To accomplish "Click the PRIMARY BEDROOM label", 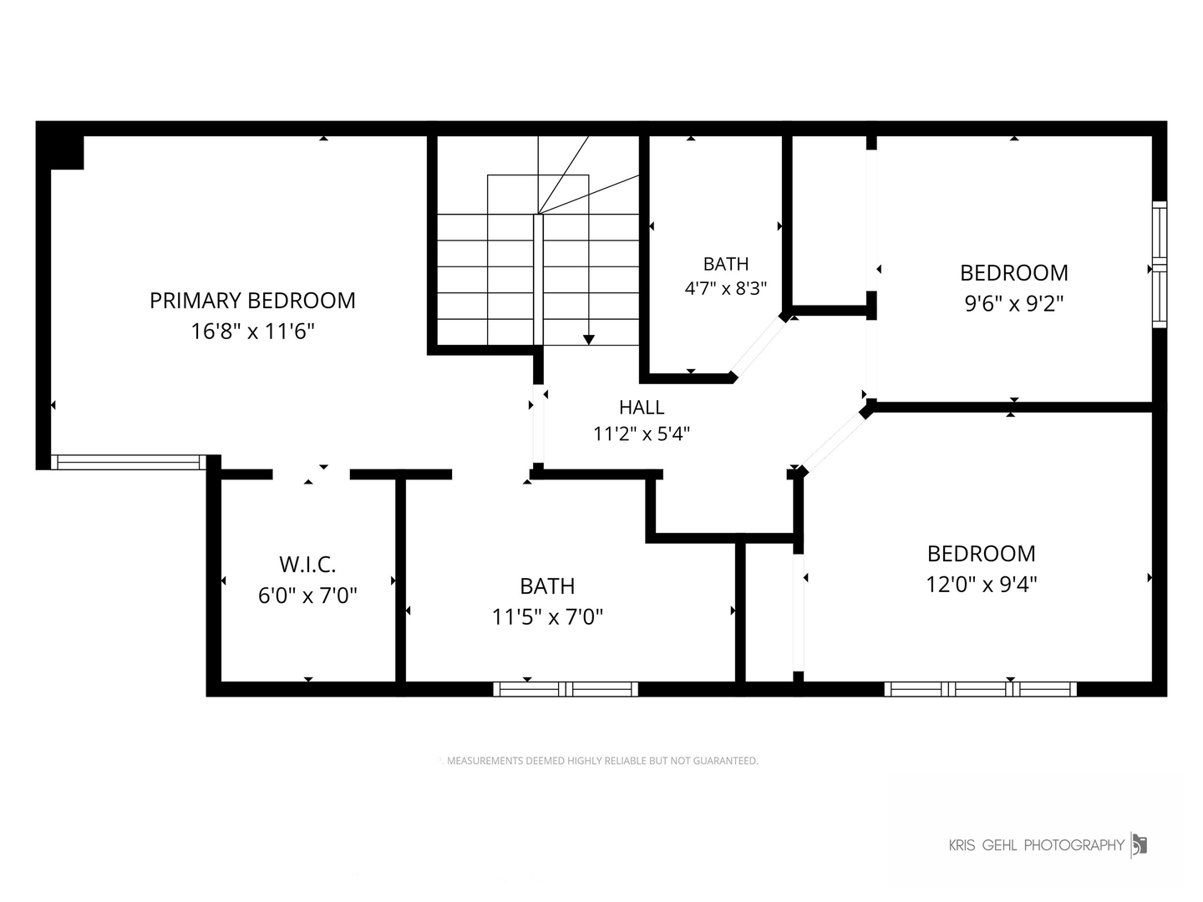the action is [252, 300].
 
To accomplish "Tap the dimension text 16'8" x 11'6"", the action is [252, 331].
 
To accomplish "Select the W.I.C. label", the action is [307, 564].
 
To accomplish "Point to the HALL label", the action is [642, 407].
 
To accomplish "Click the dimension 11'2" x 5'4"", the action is [642, 433].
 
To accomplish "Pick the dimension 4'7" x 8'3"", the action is [726, 288].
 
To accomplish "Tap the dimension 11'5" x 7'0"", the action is [547, 616].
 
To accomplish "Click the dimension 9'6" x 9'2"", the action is [1014, 303].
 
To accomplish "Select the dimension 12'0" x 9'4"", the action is [982, 584].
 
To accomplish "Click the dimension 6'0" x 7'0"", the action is [307, 595].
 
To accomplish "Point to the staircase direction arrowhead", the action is [589, 340].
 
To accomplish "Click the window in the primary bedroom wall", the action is [129, 462].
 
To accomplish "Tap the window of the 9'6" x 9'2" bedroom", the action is [1160, 265].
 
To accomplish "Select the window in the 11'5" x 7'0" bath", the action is [566, 689].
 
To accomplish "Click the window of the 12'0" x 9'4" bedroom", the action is [981, 689].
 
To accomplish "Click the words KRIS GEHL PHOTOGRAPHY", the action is [1037, 845].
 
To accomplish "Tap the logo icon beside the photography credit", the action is [1140, 845].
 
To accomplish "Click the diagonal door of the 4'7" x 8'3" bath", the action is [759, 346].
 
